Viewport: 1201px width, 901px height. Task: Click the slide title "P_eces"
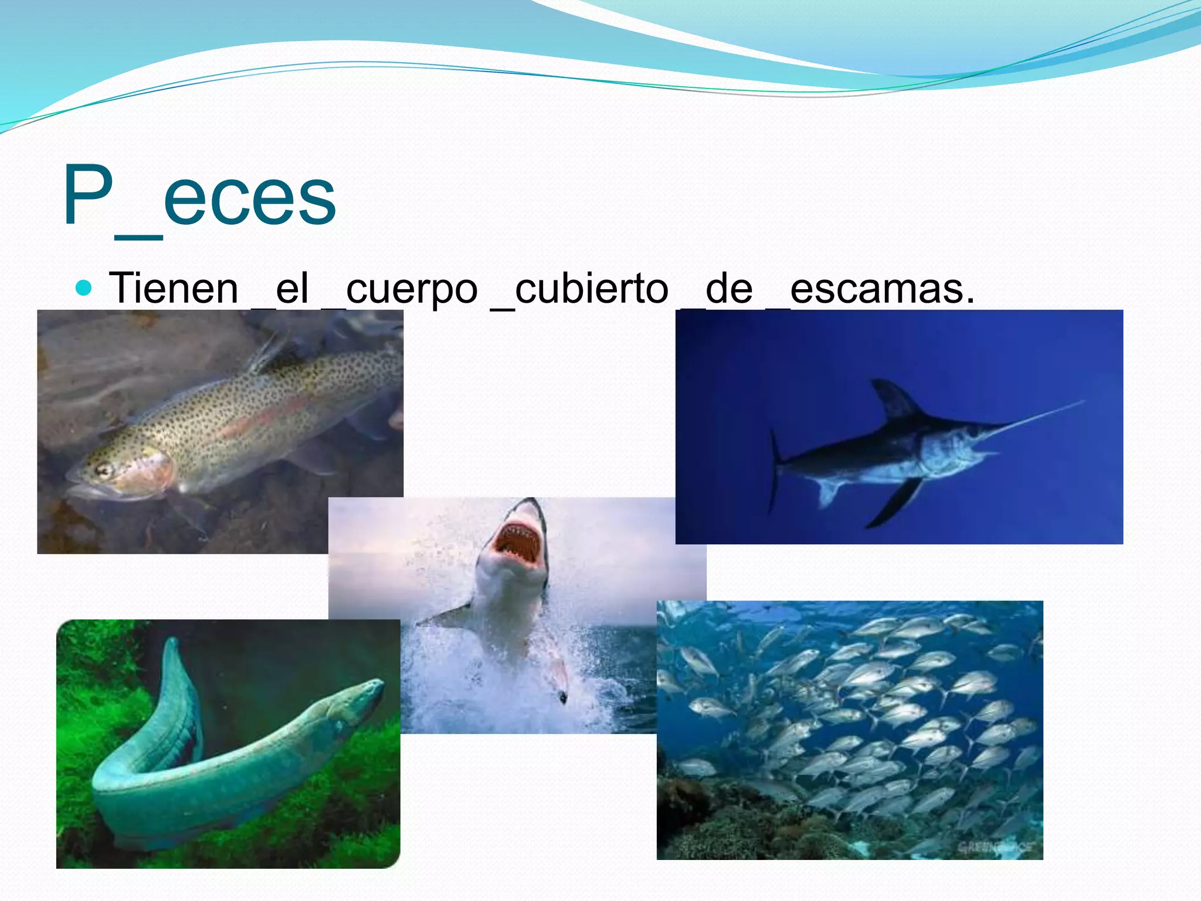199,197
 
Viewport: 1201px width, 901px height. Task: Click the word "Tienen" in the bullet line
174,289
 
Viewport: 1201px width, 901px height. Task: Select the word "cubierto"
592,289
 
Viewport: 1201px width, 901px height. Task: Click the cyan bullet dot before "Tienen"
84,288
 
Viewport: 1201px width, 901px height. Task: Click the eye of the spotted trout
104,469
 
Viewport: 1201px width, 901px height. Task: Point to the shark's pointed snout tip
531,502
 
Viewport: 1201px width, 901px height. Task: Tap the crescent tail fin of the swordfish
776,469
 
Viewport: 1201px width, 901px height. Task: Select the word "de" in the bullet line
729,289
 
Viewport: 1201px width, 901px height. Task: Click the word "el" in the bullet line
291,289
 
